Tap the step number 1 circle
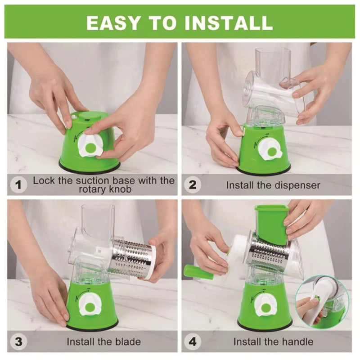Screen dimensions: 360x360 [18, 184]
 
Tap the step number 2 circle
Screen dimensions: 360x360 [193, 184]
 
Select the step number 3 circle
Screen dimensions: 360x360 [18, 341]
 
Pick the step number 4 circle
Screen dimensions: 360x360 [193, 341]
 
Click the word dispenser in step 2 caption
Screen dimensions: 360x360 [297, 185]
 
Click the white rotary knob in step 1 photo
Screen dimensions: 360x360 [90, 145]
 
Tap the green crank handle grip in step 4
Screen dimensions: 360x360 [195, 271]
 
